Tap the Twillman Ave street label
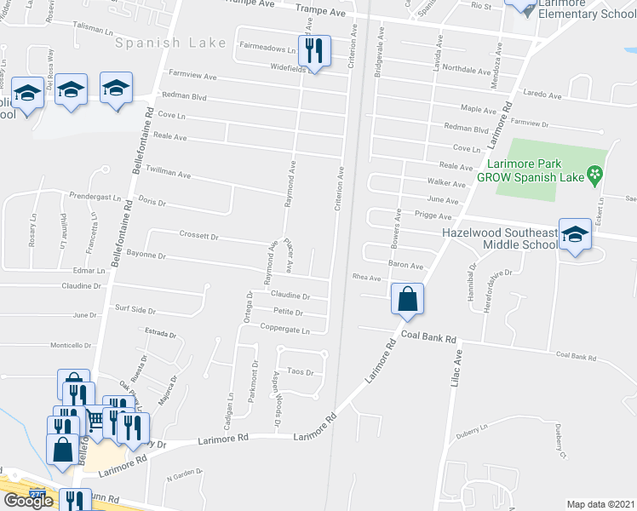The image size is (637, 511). [x=167, y=172]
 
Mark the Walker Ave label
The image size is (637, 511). [x=446, y=183]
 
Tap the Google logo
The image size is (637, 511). [x=29, y=501]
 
